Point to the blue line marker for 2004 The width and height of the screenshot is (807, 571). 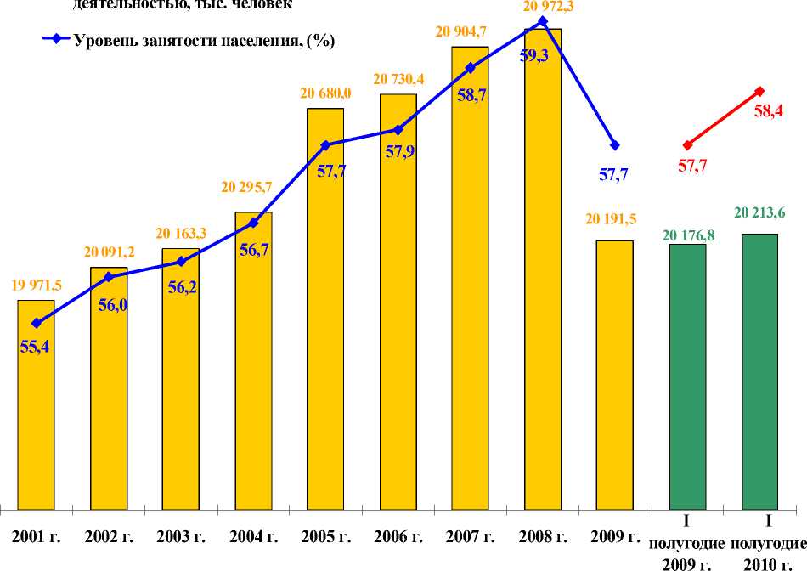253,223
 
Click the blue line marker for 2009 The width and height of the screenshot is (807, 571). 615,145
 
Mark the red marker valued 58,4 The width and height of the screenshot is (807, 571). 759,91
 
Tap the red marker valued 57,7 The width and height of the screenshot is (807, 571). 687,145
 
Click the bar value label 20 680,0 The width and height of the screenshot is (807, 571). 325,93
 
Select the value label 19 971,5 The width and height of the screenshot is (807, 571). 36,285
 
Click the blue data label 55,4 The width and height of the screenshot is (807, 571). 35,346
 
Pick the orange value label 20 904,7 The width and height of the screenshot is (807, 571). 470,32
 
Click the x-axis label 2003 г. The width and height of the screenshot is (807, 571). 181,537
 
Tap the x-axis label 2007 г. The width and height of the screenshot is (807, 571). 470,537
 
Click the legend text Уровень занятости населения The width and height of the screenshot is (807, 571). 204,40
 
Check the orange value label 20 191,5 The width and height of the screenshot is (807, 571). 614,219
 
